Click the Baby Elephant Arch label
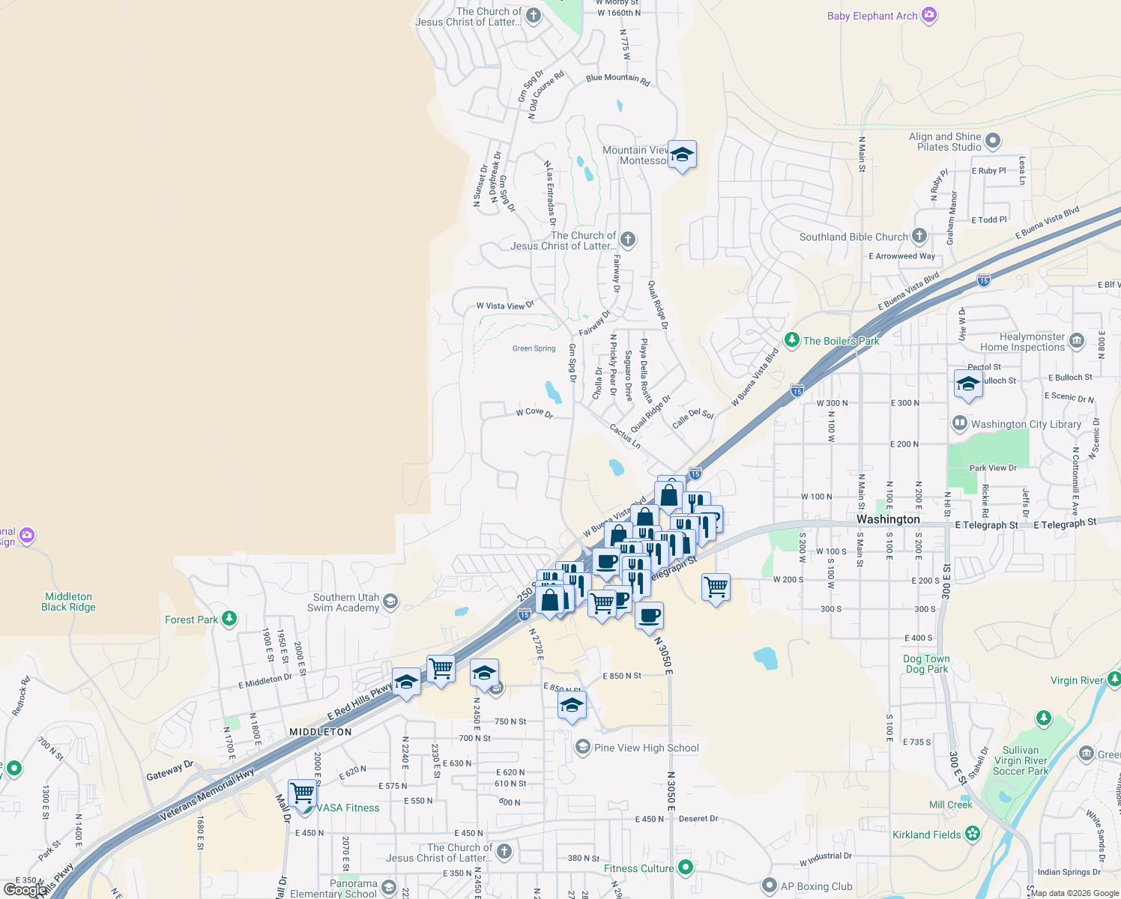click(x=872, y=16)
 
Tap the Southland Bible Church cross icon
click(x=919, y=236)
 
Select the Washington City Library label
click(x=1026, y=424)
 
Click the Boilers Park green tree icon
click(x=792, y=340)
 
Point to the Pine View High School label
click(x=646, y=748)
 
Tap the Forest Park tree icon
click(x=229, y=619)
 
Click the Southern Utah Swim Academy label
click(x=345, y=602)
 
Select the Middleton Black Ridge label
click(x=68, y=602)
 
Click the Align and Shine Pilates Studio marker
click(x=993, y=140)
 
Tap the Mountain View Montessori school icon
click(x=681, y=155)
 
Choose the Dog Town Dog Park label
click(x=926, y=664)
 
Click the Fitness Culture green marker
click(x=685, y=868)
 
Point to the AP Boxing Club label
click(x=816, y=886)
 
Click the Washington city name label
click(x=888, y=519)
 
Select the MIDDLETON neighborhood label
click(x=321, y=732)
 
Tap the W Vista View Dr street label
click(x=505, y=306)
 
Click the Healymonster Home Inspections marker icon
click(x=1077, y=341)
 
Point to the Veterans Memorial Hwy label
click(x=207, y=795)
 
